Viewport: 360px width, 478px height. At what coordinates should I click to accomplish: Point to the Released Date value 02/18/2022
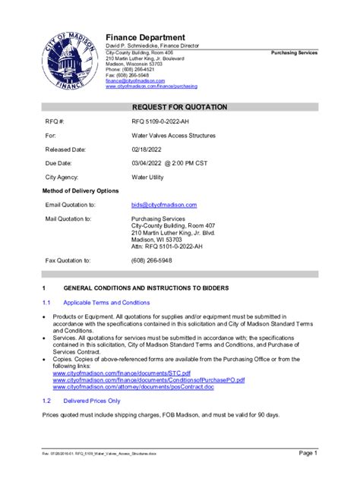(x=147, y=150)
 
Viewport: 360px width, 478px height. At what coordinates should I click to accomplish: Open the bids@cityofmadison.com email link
(x=164, y=206)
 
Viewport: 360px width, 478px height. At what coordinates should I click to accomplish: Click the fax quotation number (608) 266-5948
(x=152, y=260)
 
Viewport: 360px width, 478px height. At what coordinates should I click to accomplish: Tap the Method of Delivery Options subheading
(x=81, y=190)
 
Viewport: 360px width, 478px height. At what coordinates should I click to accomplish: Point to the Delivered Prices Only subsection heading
(x=92, y=401)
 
